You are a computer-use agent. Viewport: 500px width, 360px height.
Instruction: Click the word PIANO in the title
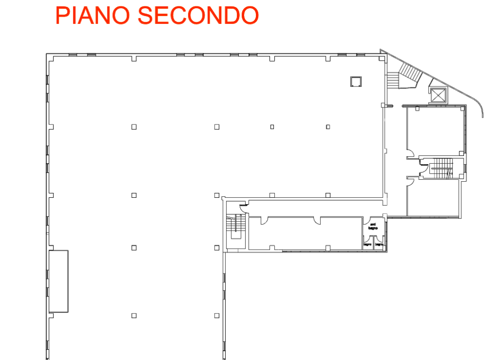[93, 15]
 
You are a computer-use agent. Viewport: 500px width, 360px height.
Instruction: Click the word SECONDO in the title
[198, 15]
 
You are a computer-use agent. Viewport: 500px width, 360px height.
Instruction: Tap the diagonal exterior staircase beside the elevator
[411, 73]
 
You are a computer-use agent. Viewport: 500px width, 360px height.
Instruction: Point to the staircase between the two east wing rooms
[441, 169]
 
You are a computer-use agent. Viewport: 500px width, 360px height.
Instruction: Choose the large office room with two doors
[305, 233]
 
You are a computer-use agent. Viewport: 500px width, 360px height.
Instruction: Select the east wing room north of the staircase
[435, 132]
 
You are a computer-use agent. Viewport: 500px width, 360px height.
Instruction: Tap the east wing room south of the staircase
[434, 197]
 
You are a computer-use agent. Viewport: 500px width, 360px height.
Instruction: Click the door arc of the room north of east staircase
[410, 154]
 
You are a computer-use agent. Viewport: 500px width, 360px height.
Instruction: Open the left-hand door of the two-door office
[264, 221]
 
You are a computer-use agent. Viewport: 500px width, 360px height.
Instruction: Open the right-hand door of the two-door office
[317, 221]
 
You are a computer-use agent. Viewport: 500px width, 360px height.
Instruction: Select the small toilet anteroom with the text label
[373, 226]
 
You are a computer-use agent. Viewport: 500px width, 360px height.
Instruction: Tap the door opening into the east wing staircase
[424, 169]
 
